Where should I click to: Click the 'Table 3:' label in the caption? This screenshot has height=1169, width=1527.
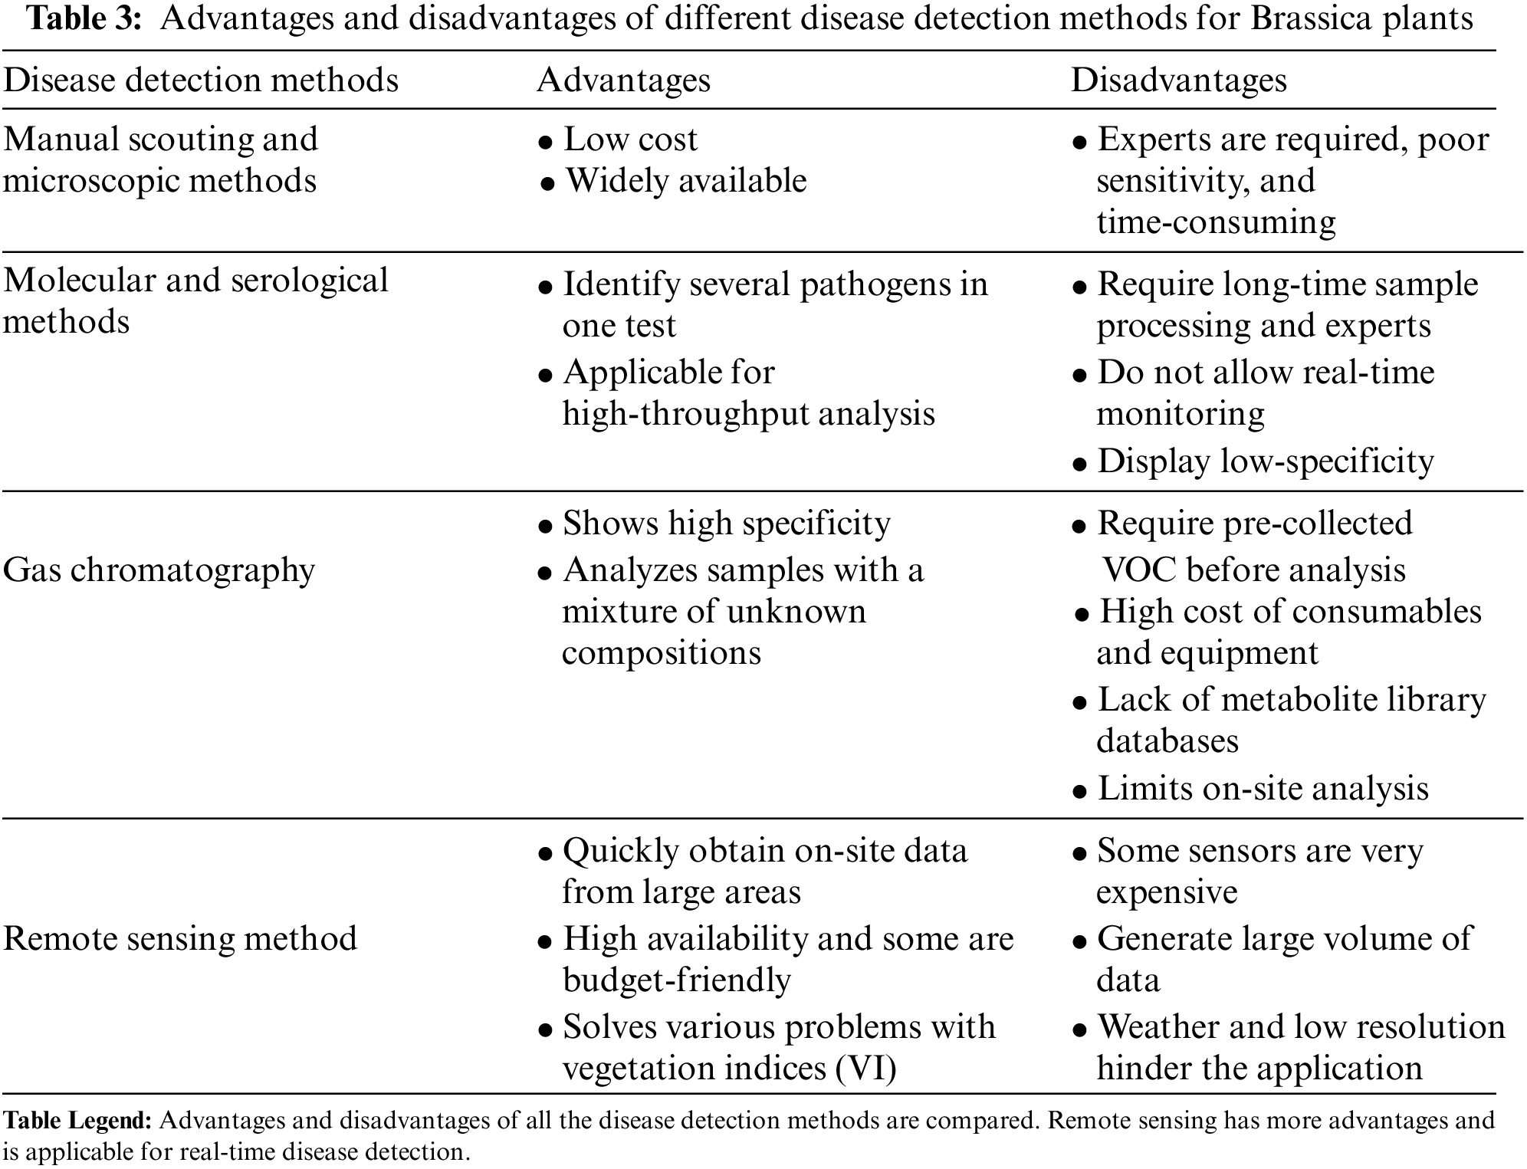click(84, 18)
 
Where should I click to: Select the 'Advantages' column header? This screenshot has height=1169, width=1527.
click(623, 80)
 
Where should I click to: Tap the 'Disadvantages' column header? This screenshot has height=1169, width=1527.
click(1178, 80)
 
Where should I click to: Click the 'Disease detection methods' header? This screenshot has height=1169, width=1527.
click(200, 80)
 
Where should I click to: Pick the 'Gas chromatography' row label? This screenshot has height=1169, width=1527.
click(159, 570)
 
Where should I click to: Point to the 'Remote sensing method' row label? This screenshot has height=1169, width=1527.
click(180, 938)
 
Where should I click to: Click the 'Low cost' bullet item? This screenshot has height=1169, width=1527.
click(630, 140)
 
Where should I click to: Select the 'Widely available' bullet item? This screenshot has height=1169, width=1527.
click(685, 181)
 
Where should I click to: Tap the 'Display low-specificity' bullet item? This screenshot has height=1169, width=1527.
click(1265, 461)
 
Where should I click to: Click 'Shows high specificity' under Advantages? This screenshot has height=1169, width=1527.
click(726, 524)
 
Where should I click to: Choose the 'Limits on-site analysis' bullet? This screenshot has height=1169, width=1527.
click(1263, 789)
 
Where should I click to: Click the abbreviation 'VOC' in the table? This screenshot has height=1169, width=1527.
click(1138, 570)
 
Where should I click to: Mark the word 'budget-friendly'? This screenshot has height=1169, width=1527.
click(676, 980)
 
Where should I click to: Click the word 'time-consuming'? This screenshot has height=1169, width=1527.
click(1216, 222)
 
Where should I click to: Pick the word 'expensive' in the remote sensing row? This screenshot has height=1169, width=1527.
click(1166, 892)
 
